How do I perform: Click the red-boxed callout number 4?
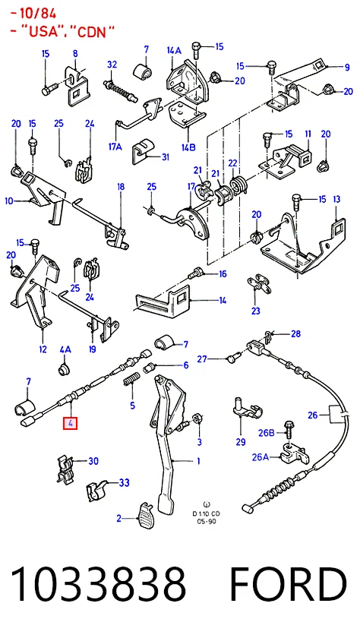click(x=70, y=423)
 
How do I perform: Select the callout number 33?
click(x=124, y=482)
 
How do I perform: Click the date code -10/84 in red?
click(x=33, y=14)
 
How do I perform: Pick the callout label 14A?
click(x=174, y=50)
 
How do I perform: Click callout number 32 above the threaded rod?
click(x=112, y=65)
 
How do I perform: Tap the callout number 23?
click(x=255, y=311)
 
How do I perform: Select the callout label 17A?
click(x=115, y=147)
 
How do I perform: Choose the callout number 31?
click(x=165, y=156)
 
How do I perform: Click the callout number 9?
click(x=346, y=68)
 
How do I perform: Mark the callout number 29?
click(x=241, y=442)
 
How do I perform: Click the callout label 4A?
click(x=65, y=349)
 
